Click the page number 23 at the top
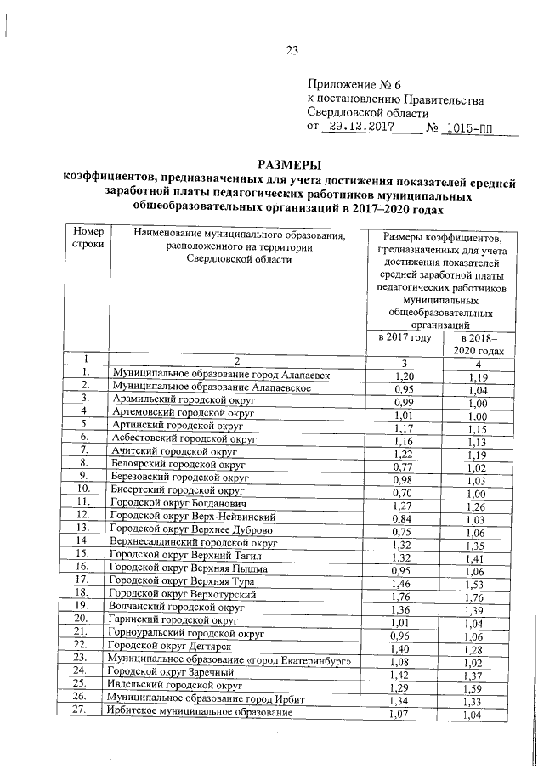pyautogui.click(x=292, y=50)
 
